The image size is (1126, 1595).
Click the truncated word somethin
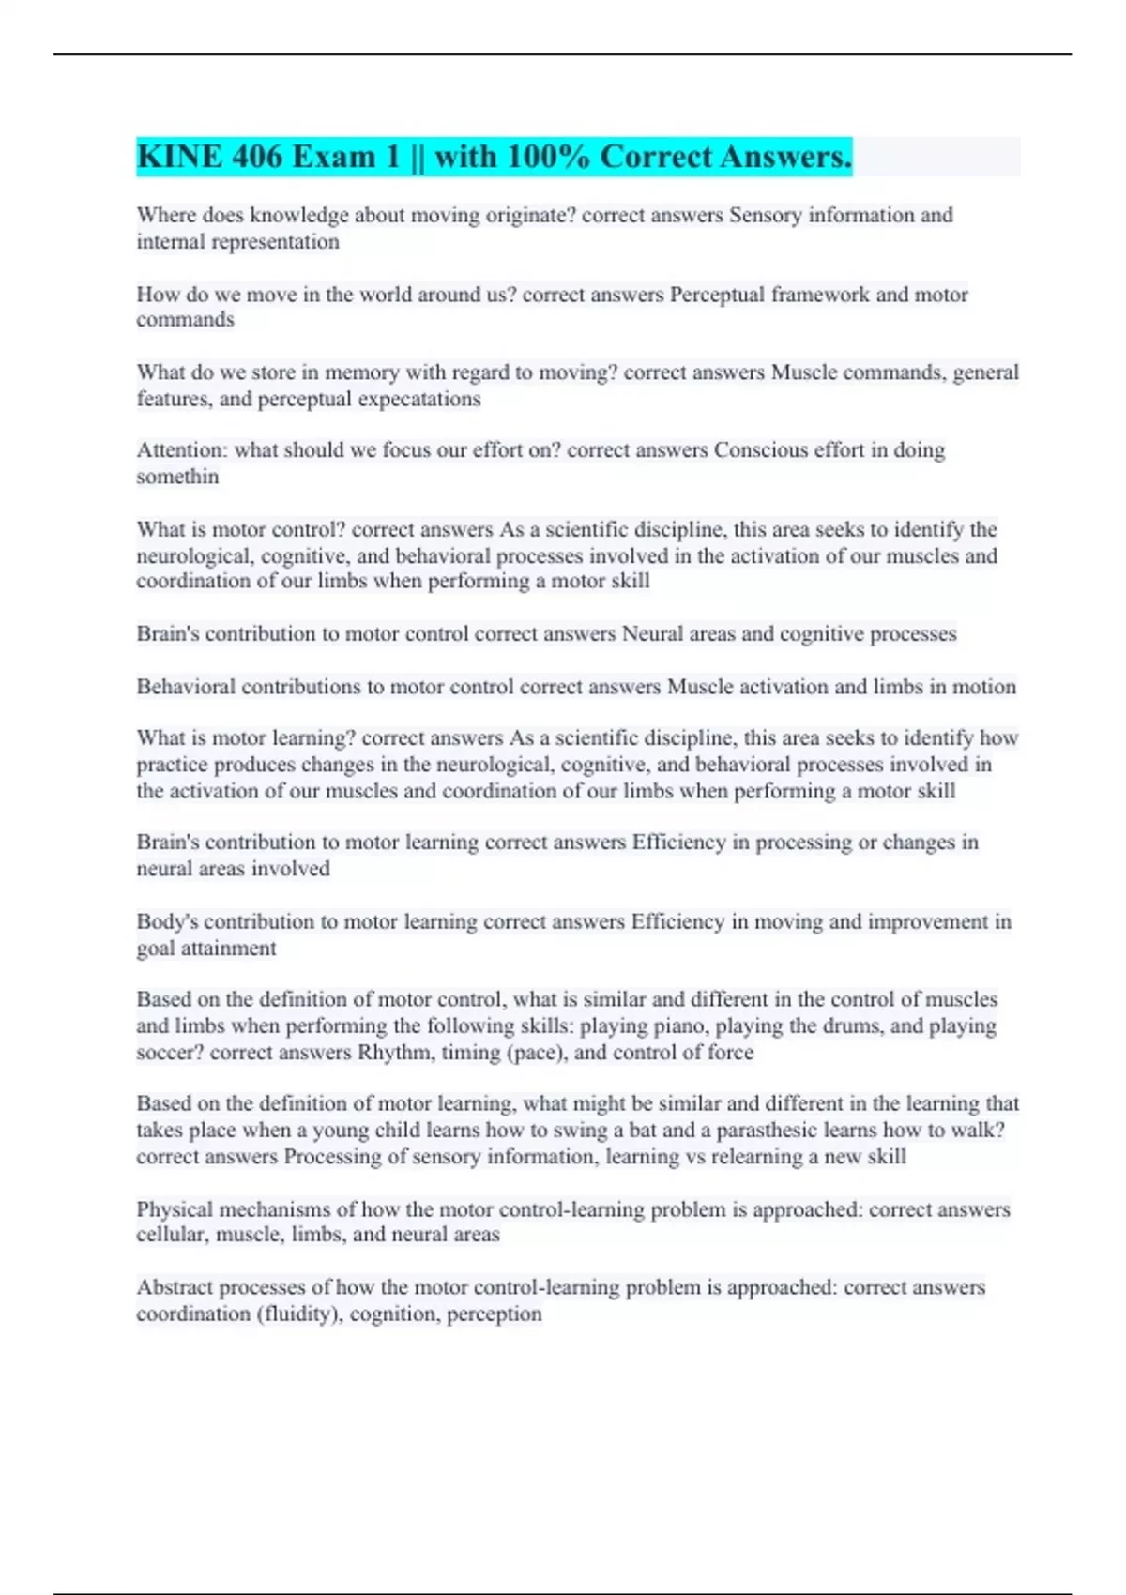click(177, 477)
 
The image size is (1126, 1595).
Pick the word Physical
click(175, 1209)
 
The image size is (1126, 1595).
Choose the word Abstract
click(175, 1287)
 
